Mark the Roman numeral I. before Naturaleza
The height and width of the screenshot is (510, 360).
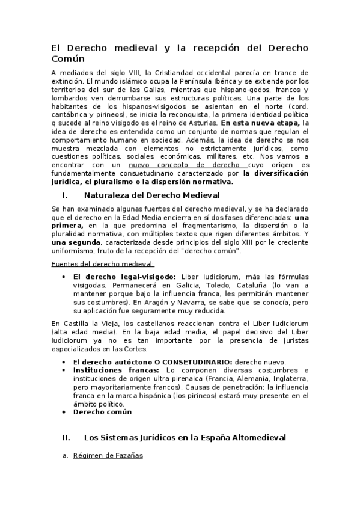coord(64,195)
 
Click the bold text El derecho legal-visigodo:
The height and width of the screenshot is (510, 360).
coord(124,276)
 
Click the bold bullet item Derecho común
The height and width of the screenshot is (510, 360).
coord(102,412)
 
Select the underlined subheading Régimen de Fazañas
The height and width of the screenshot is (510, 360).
coord(108,456)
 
